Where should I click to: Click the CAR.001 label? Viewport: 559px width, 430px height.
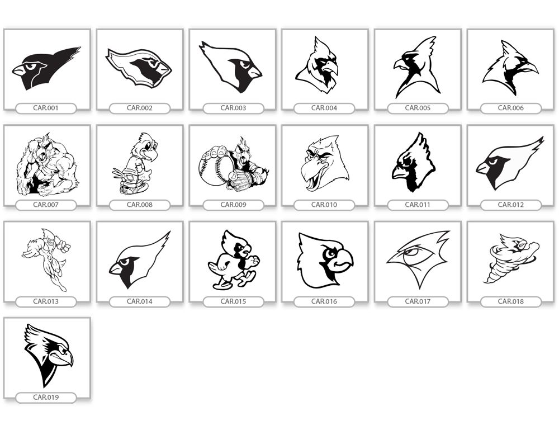(46, 108)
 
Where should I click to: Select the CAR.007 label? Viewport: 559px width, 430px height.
(46, 205)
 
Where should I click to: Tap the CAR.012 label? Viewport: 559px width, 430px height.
(511, 205)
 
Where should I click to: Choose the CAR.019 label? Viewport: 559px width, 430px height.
(46, 397)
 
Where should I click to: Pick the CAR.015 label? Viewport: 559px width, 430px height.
(233, 301)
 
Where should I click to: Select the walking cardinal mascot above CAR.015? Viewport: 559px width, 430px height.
(234, 259)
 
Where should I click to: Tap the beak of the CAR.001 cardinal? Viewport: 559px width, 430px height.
(21, 70)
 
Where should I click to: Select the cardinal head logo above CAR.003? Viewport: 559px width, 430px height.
(231, 67)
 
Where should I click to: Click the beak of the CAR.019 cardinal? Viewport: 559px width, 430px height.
(67, 359)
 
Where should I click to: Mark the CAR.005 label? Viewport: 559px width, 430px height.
(418, 108)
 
